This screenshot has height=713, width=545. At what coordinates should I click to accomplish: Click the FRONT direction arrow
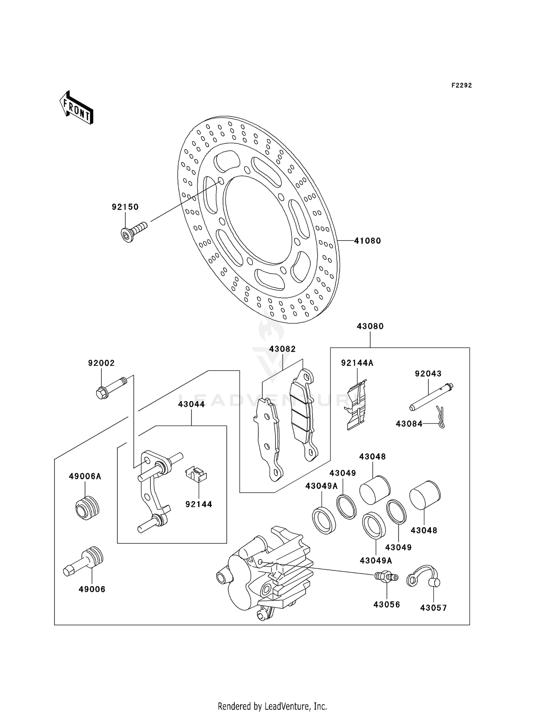click(76, 108)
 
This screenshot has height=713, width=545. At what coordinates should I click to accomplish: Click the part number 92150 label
click(125, 207)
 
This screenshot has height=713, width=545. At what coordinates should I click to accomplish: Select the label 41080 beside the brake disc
click(368, 241)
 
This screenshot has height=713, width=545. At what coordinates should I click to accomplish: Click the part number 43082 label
click(282, 349)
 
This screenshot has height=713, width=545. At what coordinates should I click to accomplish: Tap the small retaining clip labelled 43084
click(441, 417)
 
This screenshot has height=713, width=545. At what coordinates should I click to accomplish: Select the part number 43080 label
click(370, 326)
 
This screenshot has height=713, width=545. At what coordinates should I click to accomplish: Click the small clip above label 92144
click(196, 475)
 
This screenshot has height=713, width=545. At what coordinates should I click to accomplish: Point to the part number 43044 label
click(191, 404)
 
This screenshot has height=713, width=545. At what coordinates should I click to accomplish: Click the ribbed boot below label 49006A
click(87, 508)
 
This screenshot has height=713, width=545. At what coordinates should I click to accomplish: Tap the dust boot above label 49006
click(83, 561)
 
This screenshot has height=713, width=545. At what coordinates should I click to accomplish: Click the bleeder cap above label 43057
click(423, 576)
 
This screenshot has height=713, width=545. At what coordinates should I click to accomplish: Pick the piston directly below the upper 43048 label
click(375, 490)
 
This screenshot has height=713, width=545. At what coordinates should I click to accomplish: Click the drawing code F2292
click(462, 85)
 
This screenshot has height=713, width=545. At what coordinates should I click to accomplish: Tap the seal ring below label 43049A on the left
click(324, 520)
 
